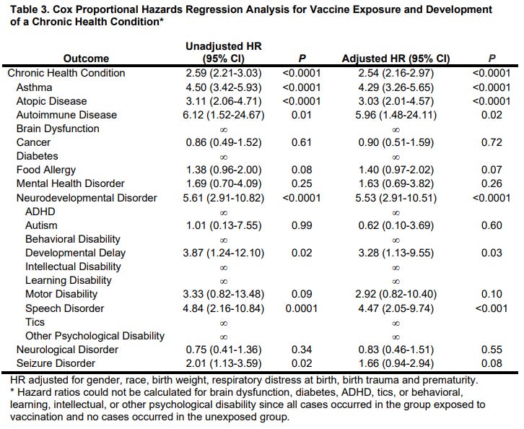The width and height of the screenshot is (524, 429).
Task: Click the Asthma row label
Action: click(x=35, y=87)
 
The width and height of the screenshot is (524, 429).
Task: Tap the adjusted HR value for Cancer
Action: click(x=395, y=142)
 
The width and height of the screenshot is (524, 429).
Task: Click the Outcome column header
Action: click(x=86, y=58)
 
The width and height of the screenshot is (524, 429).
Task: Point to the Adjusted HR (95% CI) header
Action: click(x=395, y=58)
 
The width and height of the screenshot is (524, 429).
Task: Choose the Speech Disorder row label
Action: click(x=64, y=308)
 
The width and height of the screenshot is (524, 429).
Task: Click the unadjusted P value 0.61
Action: click(x=301, y=142)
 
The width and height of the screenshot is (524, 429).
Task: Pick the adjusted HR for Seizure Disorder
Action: click(x=395, y=363)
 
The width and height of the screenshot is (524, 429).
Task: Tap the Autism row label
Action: click(x=41, y=225)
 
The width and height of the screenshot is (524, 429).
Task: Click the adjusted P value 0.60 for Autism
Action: click(x=491, y=225)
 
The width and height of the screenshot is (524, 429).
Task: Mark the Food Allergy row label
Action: click(x=46, y=170)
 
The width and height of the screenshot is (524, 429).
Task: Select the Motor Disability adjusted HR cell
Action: click(x=395, y=294)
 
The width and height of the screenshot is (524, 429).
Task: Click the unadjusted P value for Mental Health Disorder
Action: click(x=301, y=183)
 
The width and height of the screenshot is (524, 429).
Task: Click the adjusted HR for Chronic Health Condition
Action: click(x=395, y=73)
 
